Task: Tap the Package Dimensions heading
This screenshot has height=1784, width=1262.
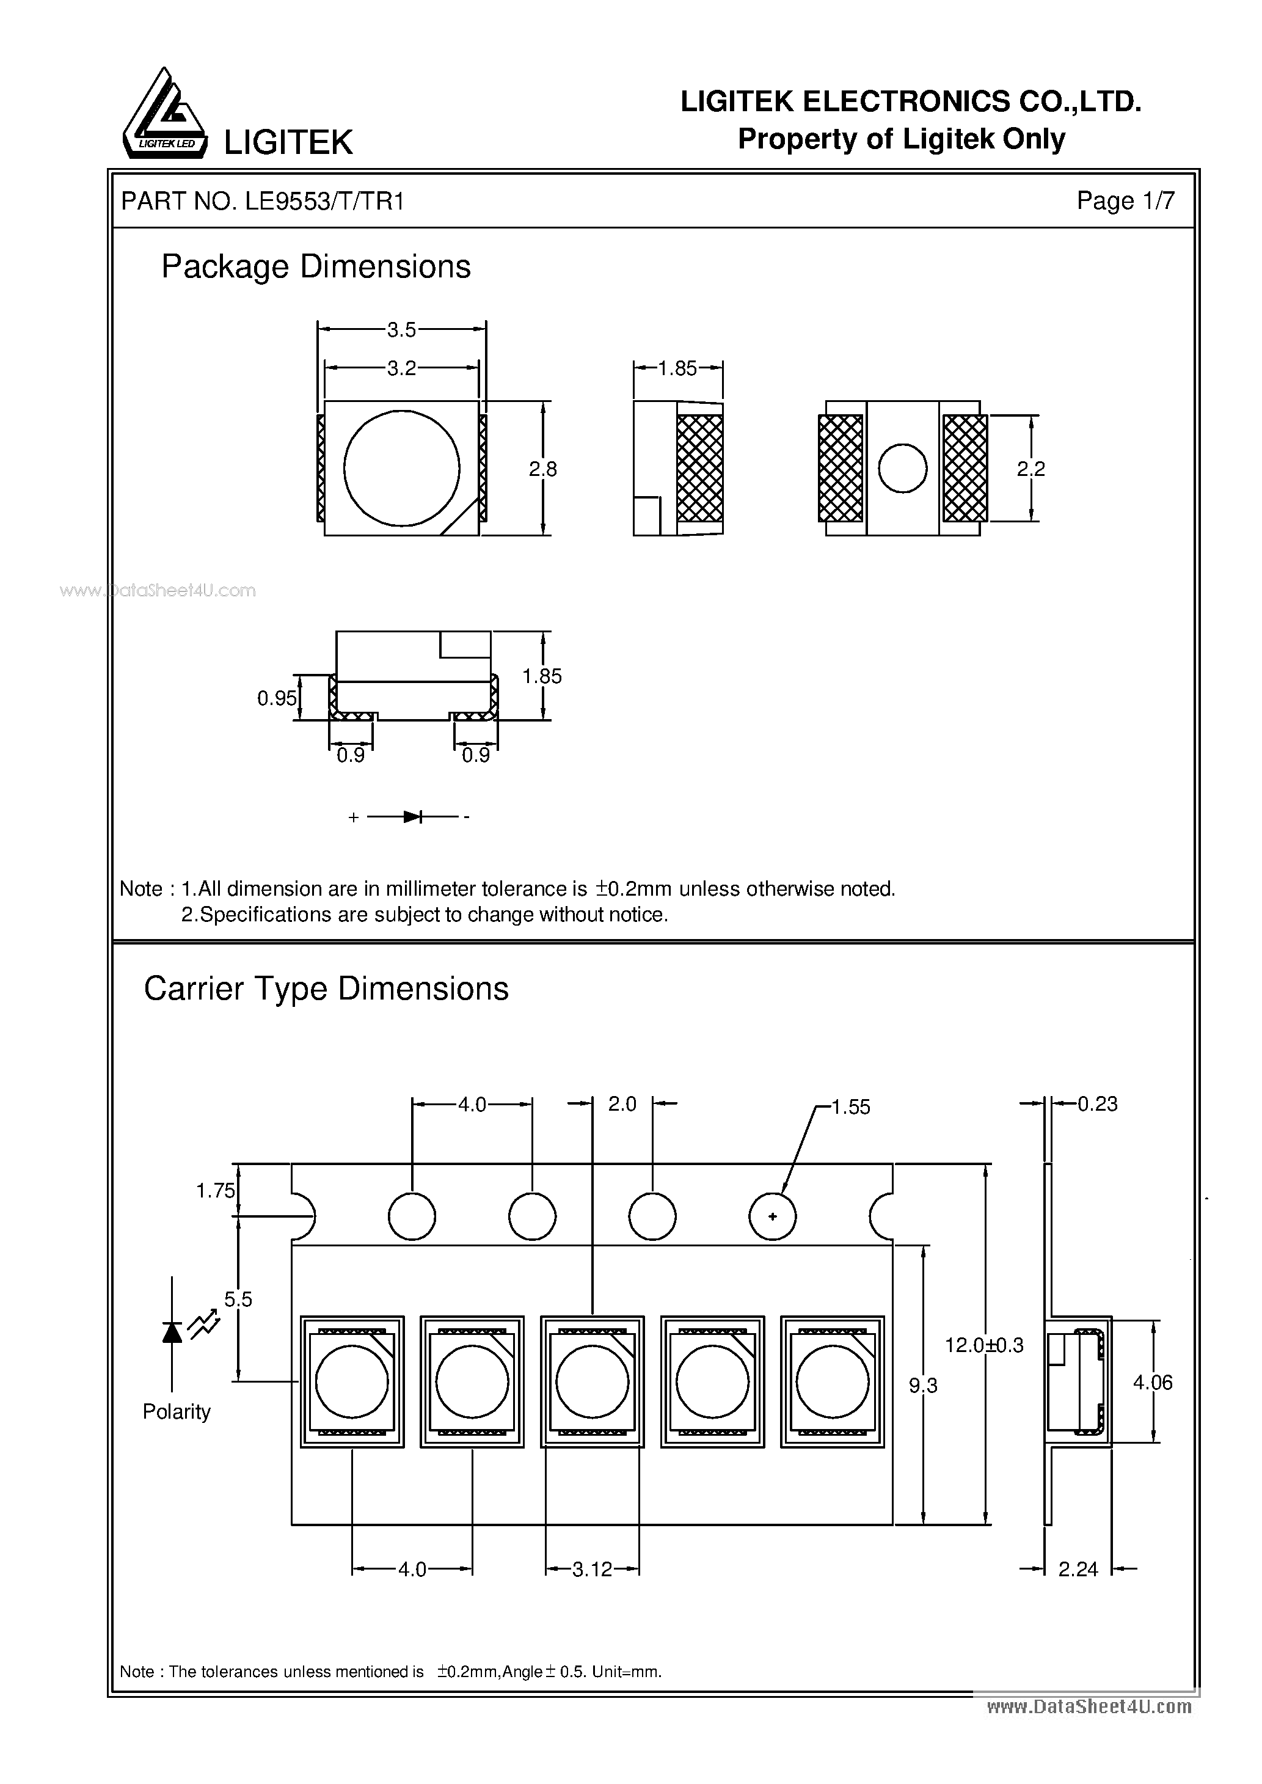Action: tap(315, 267)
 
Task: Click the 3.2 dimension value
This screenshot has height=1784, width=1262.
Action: tap(402, 368)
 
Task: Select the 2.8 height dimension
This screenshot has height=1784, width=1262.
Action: tap(542, 469)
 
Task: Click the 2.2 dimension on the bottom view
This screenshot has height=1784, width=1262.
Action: tap(1030, 469)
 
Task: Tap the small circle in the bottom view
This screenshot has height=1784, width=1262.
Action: tap(902, 469)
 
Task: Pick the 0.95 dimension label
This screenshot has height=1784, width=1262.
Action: tap(277, 698)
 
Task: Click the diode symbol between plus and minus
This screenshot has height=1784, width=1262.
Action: tap(412, 817)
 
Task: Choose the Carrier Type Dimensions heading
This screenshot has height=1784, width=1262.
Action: tap(326, 989)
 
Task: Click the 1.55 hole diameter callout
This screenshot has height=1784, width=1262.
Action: tap(850, 1107)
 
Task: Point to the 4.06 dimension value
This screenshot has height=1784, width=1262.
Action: tap(1153, 1382)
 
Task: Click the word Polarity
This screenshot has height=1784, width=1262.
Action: tap(177, 1412)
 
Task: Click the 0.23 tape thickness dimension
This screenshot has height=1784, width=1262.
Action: tap(1096, 1104)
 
